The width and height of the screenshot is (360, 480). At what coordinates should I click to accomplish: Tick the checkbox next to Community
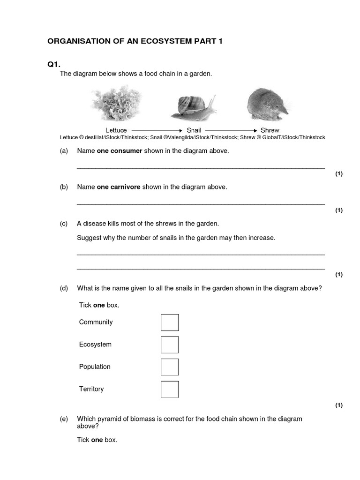coord(170,322)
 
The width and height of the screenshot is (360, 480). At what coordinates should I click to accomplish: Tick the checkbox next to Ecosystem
coord(170,345)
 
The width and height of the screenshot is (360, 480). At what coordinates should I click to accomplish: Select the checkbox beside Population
coord(170,367)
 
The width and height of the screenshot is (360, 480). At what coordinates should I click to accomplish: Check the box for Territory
coord(170,389)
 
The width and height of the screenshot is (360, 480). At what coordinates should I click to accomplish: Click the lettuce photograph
coord(116,106)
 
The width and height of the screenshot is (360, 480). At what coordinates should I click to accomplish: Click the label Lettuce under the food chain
coord(116,130)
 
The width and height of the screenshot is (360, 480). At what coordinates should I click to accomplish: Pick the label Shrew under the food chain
coord(270,130)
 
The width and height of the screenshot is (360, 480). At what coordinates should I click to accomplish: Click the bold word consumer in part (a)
coord(126,151)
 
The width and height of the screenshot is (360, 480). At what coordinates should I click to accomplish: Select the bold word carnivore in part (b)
coord(125,187)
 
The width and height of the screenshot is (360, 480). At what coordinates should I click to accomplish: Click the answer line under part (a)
coord(201,167)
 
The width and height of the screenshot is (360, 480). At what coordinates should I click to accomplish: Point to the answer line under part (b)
coord(201,204)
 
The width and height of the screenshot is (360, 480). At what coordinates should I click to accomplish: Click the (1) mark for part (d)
coord(339,405)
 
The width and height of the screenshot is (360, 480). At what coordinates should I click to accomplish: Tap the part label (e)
coord(64,419)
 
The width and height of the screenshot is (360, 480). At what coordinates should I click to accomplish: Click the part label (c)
coord(64,224)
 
